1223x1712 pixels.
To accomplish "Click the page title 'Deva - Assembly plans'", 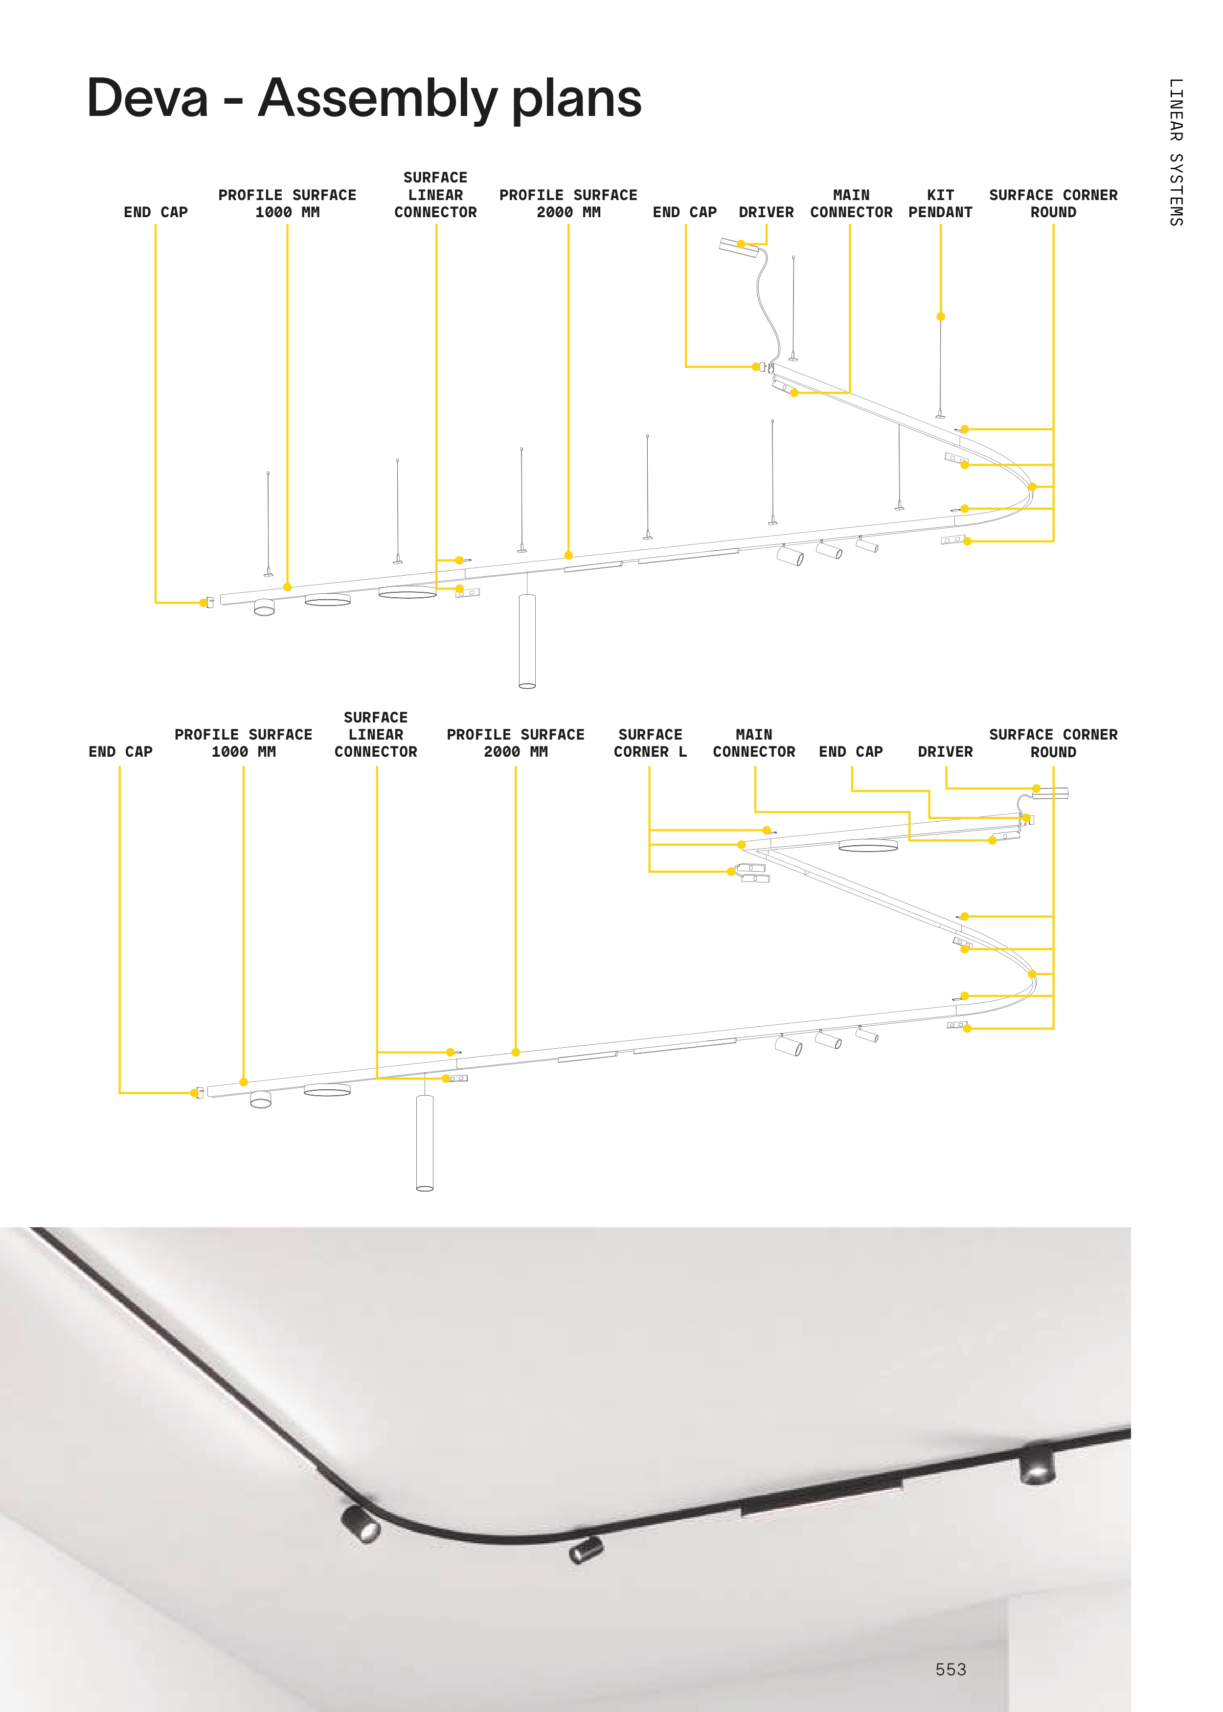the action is click(x=364, y=99).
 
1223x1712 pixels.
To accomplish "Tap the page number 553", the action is click(x=951, y=1669).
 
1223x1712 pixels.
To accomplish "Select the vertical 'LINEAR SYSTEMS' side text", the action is click(x=1176, y=152).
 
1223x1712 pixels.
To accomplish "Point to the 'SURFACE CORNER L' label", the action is click(x=650, y=743).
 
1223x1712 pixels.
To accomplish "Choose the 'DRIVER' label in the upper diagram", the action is click(x=766, y=212).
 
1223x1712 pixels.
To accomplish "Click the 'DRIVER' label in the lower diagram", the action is click(x=945, y=751).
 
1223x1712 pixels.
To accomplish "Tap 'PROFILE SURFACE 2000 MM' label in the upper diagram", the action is click(x=568, y=203).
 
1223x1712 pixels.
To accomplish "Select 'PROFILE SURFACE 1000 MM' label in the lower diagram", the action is click(x=243, y=743).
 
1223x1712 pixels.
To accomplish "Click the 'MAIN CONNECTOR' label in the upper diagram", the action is click(x=851, y=203).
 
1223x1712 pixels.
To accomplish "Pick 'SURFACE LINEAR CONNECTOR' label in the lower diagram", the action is click(x=376, y=734).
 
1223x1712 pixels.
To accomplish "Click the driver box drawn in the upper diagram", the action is click(x=739, y=246).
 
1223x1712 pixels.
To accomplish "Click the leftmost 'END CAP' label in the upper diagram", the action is click(x=156, y=212).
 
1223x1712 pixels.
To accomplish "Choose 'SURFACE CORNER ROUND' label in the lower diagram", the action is click(x=1053, y=743).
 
